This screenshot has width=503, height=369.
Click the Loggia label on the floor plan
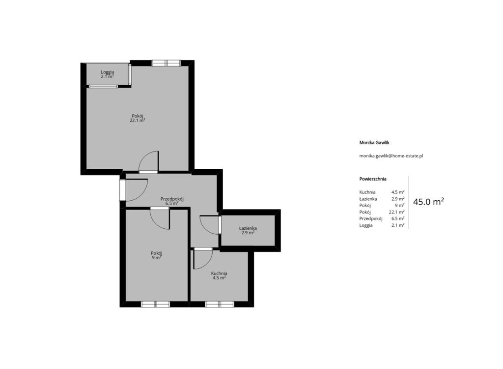point(108,72)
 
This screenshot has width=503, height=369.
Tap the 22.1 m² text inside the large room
point(138,120)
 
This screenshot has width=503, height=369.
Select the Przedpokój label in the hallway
point(172,199)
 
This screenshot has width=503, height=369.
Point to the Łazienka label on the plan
point(248,228)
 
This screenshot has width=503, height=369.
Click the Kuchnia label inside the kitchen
point(219,274)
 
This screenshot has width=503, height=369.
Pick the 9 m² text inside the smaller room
point(156,257)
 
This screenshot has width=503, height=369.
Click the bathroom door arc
point(209,225)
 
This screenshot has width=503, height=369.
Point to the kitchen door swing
point(203,259)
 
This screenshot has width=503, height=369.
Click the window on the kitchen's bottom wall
point(220,304)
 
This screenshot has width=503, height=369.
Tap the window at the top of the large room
point(166,63)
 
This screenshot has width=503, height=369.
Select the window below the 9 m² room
point(155,304)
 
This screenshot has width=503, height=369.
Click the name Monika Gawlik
point(374,142)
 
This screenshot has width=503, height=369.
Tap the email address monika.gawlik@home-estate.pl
point(391,156)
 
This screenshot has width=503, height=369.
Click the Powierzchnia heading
point(373,179)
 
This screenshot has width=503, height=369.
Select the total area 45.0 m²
point(428,202)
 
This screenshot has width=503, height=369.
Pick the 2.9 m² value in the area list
point(398,199)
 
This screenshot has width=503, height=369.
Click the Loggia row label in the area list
point(366,225)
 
